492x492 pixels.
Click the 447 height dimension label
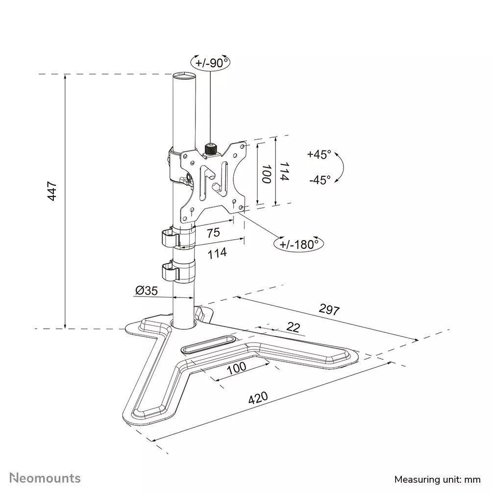[x=52, y=191]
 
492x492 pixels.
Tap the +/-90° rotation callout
[x=210, y=63]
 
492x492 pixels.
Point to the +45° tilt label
[x=319, y=154]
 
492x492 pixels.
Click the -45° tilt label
[x=320, y=179]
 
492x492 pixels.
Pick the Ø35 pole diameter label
[x=146, y=291]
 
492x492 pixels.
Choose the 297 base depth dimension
[x=329, y=309]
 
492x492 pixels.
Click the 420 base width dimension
[x=258, y=398]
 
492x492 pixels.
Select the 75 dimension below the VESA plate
[x=213, y=233]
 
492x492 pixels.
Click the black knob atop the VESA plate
[x=211, y=148]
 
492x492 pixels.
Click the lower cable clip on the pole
[x=172, y=271]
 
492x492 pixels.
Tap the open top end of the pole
[x=183, y=76]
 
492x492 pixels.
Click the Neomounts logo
[x=46, y=478]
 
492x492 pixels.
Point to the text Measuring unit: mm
[x=438, y=479]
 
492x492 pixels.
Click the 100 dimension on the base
[x=237, y=368]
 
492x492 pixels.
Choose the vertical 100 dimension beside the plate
[x=267, y=174]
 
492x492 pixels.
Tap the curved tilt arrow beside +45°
[x=341, y=167]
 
